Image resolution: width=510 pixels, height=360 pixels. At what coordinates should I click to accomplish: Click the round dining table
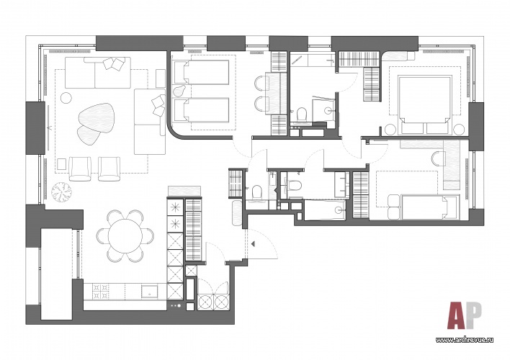tap(125, 235)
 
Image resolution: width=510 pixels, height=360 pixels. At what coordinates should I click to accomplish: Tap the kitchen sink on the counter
tap(150, 292)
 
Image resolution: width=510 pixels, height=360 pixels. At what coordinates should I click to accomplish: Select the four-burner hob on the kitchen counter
tap(101, 292)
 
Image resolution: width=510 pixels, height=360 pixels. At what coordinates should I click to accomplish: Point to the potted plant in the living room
tap(61, 192)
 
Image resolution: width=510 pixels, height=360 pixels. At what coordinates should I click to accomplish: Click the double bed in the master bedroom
tap(426, 104)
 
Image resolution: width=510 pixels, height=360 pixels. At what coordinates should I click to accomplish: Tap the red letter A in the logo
tap(457, 315)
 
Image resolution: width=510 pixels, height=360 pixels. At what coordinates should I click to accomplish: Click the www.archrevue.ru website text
tap(464, 340)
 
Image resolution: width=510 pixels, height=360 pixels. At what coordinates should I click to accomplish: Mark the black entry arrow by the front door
tap(253, 243)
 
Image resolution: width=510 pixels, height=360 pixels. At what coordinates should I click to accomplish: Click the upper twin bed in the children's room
tap(202, 72)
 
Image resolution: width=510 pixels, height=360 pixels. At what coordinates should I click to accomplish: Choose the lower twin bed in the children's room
tap(202, 110)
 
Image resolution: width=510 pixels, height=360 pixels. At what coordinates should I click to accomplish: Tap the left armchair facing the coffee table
tap(80, 168)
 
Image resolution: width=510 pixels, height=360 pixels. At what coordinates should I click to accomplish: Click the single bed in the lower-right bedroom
tap(430, 207)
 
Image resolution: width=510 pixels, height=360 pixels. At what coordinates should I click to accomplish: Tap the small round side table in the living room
tap(66, 97)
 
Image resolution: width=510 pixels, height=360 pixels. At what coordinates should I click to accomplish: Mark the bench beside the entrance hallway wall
tap(237, 212)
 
